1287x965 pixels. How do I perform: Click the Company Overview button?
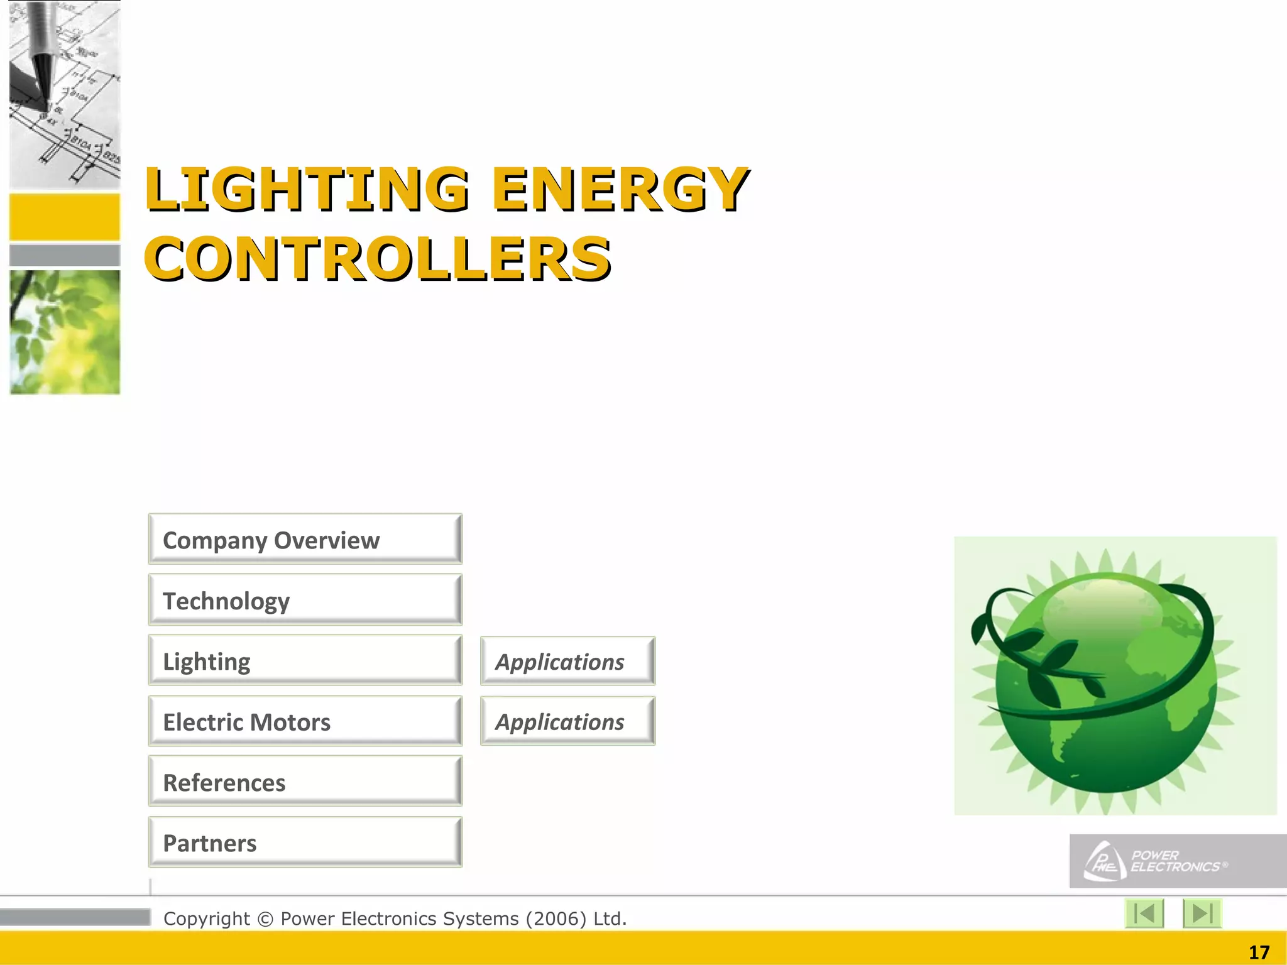click(305, 539)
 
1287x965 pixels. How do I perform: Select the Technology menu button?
click(305, 600)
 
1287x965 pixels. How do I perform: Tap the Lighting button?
click(305, 660)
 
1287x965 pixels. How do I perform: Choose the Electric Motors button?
click(305, 721)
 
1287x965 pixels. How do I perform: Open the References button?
click(305, 782)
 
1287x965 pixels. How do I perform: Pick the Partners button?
click(305, 842)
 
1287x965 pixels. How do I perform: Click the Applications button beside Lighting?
click(567, 661)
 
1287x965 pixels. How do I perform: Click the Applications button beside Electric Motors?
click(567, 721)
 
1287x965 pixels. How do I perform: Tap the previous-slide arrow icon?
click(1144, 913)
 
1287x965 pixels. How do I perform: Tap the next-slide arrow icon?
click(1202, 913)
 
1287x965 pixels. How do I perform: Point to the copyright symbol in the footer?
click(265, 919)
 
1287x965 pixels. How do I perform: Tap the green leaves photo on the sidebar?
click(65, 332)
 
